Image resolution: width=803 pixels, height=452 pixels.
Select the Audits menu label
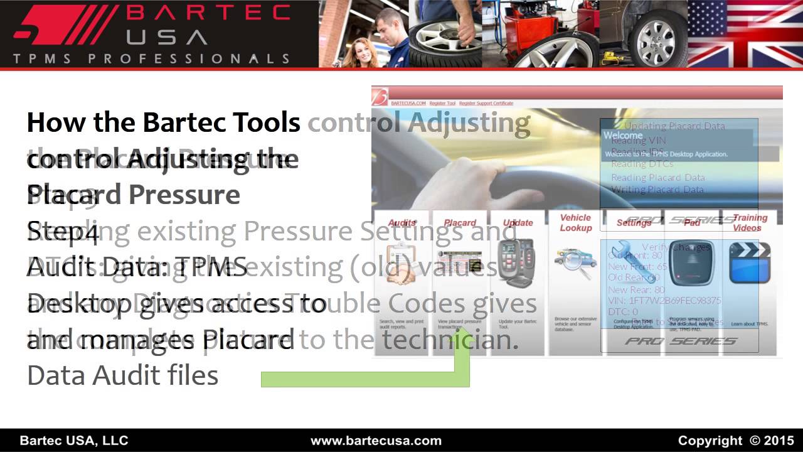click(401, 223)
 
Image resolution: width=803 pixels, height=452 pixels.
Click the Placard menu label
click(460, 223)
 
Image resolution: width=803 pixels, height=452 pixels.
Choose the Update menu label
click(518, 223)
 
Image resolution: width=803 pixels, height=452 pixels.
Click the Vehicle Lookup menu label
click(575, 223)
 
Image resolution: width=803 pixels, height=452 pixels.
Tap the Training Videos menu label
click(750, 223)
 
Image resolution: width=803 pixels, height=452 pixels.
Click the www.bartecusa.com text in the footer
click(376, 440)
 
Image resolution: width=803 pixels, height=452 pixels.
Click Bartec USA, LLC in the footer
click(74, 440)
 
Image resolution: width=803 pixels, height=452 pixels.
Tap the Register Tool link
click(442, 103)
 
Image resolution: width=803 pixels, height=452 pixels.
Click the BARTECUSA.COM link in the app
click(408, 103)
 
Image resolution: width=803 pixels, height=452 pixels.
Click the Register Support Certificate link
click(486, 103)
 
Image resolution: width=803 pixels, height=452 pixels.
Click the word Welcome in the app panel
click(623, 135)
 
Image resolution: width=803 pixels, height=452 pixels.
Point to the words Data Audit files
click(123, 375)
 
